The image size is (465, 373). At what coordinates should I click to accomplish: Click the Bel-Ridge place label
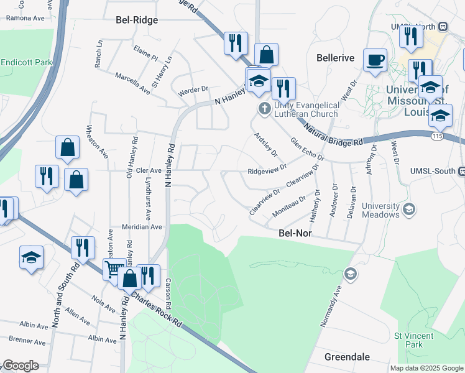point(137,20)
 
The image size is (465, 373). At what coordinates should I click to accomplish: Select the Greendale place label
point(347,357)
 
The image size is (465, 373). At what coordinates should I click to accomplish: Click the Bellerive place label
point(335,58)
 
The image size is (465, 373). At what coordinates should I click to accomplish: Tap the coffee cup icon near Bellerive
point(375,61)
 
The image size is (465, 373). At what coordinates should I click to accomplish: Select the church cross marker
point(264,109)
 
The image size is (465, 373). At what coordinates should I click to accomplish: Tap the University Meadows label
point(380,210)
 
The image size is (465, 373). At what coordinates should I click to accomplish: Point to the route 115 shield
point(440,136)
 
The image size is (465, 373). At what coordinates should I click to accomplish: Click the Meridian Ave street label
point(141,227)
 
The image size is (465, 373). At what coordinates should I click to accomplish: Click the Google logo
point(21,366)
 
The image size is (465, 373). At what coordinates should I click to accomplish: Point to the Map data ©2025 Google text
point(426,368)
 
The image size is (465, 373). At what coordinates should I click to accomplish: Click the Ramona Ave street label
point(25,18)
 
